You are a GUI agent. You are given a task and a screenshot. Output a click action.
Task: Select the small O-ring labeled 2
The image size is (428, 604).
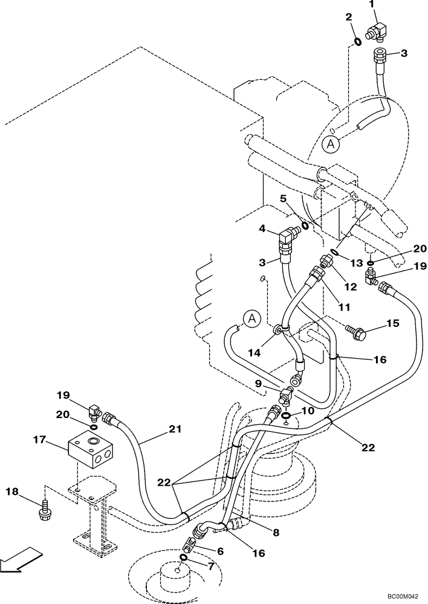pos(357,42)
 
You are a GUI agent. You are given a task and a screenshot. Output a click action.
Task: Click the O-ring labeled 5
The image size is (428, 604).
pos(305,225)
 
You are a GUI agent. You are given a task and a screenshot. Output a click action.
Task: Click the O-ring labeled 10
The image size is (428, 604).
pos(285,416)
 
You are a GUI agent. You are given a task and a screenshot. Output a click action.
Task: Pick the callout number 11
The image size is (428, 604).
pos(344,307)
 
